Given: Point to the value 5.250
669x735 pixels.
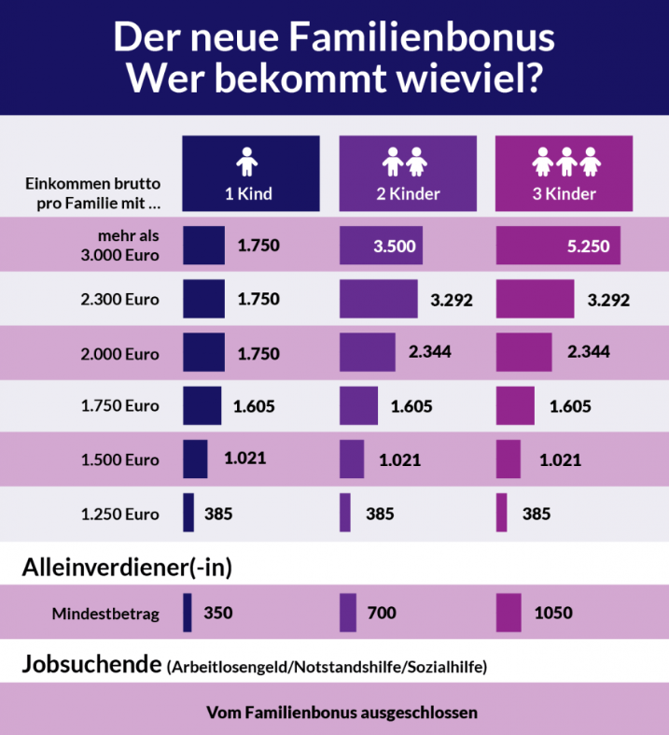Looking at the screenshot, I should tap(587, 247).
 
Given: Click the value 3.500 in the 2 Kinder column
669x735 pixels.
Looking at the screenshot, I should tap(395, 247).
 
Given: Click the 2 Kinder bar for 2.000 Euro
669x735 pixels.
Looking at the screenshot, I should tap(368, 352).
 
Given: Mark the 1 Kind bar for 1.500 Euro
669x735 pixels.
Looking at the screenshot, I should tap(195, 459).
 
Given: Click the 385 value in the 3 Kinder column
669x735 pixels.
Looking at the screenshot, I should tap(537, 514).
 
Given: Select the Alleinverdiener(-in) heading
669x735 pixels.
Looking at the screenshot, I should tap(126, 566).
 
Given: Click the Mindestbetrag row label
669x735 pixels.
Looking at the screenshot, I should tap(105, 614).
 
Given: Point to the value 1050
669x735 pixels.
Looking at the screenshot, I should tap(553, 614).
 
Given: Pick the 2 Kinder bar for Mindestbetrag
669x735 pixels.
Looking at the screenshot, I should tap(348, 614).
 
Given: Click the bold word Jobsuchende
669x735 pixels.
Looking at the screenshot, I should tap(90, 666).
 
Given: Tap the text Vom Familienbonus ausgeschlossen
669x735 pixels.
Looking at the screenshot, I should tap(341, 713).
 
